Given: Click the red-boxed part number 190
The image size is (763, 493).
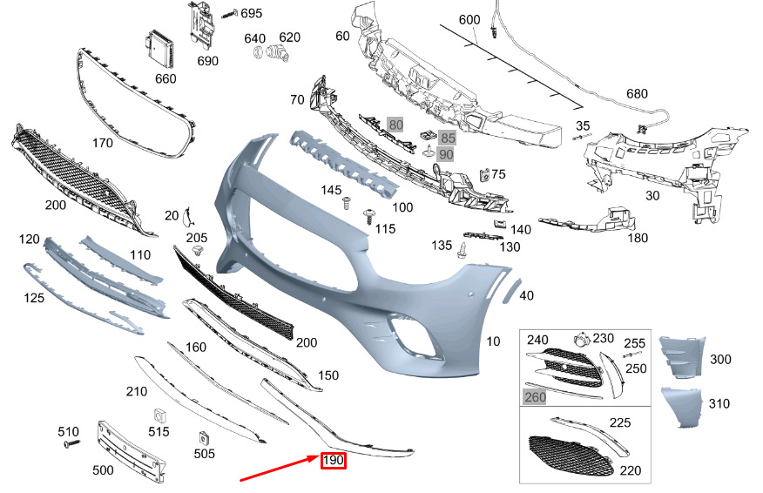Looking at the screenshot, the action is click(x=334, y=460).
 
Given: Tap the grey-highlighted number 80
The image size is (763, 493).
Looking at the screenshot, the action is click(x=395, y=125).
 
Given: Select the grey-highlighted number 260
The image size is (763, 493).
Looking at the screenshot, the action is click(x=535, y=397).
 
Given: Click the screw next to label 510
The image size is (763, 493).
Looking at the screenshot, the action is click(x=72, y=443).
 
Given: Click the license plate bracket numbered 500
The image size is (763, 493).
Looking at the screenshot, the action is click(x=131, y=451).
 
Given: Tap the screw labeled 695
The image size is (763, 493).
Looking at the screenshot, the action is click(x=230, y=14).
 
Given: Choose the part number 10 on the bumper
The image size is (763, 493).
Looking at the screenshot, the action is click(x=493, y=341).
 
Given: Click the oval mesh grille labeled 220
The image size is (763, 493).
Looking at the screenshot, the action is click(x=571, y=455).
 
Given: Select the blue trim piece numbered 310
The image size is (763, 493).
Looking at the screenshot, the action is click(x=682, y=408).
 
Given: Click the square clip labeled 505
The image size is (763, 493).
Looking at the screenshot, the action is click(x=205, y=438).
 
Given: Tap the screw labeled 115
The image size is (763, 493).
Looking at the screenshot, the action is click(x=368, y=216).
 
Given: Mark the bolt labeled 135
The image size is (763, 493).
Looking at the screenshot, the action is click(x=462, y=251).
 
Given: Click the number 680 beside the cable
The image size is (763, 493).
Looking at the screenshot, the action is click(x=637, y=93).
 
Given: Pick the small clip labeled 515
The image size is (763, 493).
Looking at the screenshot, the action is click(x=159, y=416).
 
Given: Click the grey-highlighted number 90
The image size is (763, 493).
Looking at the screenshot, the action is click(x=445, y=155).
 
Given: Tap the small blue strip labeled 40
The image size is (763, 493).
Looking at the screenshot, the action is click(x=512, y=291).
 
